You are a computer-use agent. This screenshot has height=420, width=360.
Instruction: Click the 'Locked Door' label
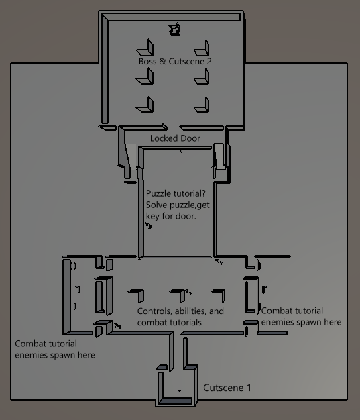click(x=175, y=138)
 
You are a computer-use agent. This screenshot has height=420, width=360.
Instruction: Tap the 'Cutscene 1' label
click(x=227, y=388)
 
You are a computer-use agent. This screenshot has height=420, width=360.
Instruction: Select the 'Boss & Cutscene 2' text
click(x=175, y=61)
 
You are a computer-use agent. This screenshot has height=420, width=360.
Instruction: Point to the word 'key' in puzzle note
click(x=153, y=217)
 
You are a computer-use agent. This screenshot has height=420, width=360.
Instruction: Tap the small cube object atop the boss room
click(x=174, y=30)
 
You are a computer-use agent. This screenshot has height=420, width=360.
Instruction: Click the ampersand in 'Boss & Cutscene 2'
click(x=162, y=61)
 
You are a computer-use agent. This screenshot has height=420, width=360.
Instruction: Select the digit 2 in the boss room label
click(x=209, y=61)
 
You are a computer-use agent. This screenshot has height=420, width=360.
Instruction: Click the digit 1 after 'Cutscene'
click(x=249, y=388)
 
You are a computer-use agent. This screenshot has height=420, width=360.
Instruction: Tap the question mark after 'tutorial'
click(x=203, y=193)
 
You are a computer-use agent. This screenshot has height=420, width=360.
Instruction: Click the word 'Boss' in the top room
click(x=147, y=61)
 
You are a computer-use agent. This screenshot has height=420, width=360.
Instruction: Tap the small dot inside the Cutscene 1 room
click(x=179, y=391)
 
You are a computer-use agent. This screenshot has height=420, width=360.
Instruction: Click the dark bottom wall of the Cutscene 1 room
click(x=176, y=401)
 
